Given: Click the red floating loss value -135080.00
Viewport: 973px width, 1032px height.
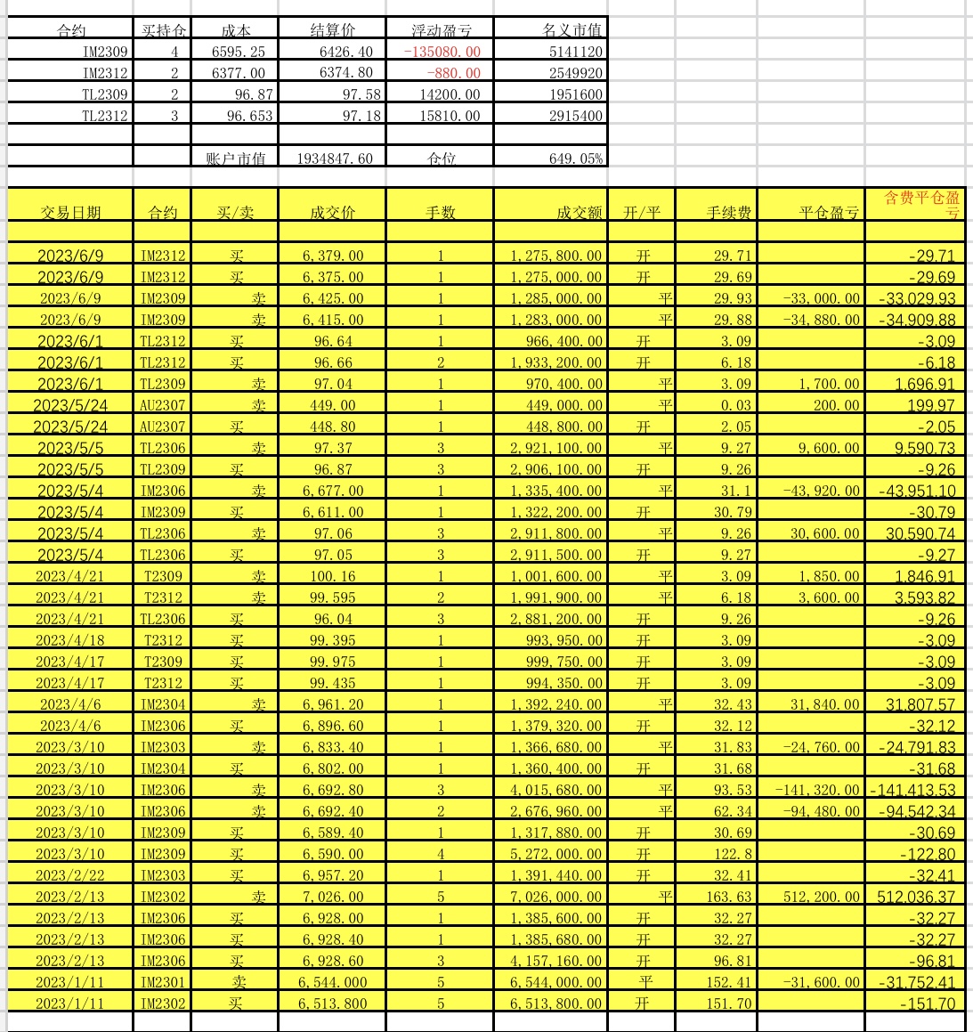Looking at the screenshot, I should [442, 52].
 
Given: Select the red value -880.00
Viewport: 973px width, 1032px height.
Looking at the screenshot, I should [453, 73].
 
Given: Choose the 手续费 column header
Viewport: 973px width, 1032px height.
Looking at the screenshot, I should [728, 213].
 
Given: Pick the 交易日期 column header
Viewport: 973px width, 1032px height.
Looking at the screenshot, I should [70, 213].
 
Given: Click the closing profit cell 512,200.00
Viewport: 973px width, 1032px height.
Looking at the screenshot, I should [827, 897].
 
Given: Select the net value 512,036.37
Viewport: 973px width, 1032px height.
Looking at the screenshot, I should [916, 897].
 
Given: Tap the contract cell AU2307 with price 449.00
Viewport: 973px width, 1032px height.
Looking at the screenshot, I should [162, 405].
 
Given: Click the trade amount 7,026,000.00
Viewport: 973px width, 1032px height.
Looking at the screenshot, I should [556, 897].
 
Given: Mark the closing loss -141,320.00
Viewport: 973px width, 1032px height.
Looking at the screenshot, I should [817, 790].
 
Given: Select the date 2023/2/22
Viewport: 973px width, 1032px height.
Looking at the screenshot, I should [70, 875].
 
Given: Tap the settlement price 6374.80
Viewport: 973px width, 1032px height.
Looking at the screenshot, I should [346, 73].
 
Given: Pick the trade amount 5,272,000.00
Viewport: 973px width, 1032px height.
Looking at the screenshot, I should [556, 854].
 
